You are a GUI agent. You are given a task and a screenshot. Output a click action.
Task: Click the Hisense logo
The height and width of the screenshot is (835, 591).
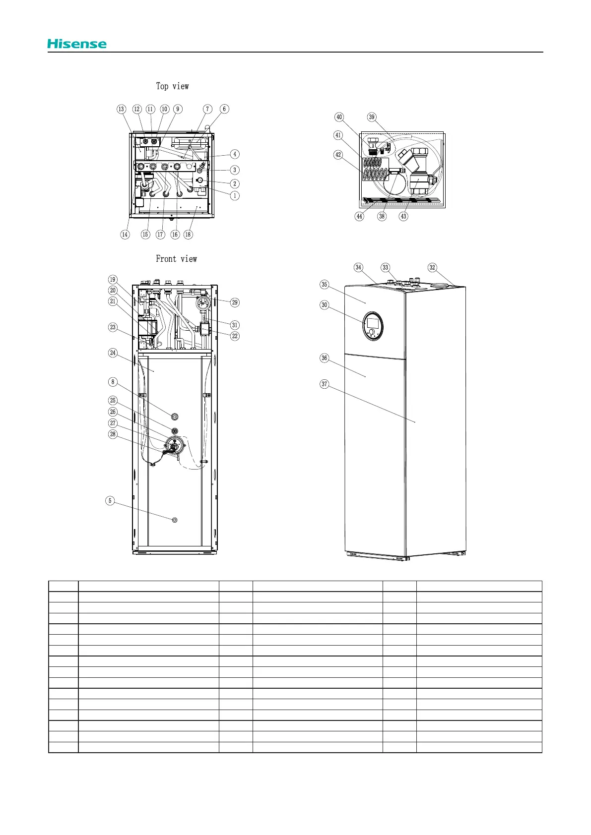click(77, 44)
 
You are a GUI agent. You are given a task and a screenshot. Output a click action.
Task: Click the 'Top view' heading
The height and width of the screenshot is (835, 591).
click(172, 86)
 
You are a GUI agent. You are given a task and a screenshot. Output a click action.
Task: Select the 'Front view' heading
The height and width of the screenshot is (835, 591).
click(176, 259)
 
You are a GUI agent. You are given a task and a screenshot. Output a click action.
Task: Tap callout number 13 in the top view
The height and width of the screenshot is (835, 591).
click(122, 109)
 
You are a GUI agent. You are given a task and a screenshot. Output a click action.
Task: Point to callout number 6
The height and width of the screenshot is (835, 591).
click(224, 109)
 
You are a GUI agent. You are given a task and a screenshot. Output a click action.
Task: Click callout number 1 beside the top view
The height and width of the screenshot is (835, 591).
click(235, 195)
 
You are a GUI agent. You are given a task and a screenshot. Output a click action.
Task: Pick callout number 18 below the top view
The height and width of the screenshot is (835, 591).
click(188, 235)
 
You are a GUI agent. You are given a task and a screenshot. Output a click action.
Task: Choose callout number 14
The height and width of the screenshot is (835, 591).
click(125, 235)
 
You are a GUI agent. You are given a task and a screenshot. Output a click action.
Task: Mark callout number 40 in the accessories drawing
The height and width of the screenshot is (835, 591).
click(339, 118)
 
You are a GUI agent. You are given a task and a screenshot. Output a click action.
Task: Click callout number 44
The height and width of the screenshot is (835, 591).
click(360, 216)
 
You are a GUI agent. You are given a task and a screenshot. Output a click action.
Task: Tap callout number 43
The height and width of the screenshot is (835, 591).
click(403, 216)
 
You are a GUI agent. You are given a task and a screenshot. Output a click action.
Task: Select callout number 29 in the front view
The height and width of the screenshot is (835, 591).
click(235, 302)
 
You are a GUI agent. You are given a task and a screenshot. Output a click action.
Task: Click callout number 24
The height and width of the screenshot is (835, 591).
click(113, 353)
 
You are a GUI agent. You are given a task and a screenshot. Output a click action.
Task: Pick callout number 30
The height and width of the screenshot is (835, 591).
click(325, 305)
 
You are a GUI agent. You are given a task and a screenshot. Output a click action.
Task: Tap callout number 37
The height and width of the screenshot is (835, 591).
click(325, 384)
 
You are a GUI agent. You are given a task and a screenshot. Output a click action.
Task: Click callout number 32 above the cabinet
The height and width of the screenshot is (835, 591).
click(432, 268)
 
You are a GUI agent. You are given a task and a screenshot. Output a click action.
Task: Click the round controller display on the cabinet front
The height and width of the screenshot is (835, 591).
click(372, 327)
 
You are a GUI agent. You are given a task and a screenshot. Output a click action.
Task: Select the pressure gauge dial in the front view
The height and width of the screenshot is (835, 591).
click(203, 303)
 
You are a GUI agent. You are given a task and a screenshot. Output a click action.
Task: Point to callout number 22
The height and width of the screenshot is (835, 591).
click(235, 336)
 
